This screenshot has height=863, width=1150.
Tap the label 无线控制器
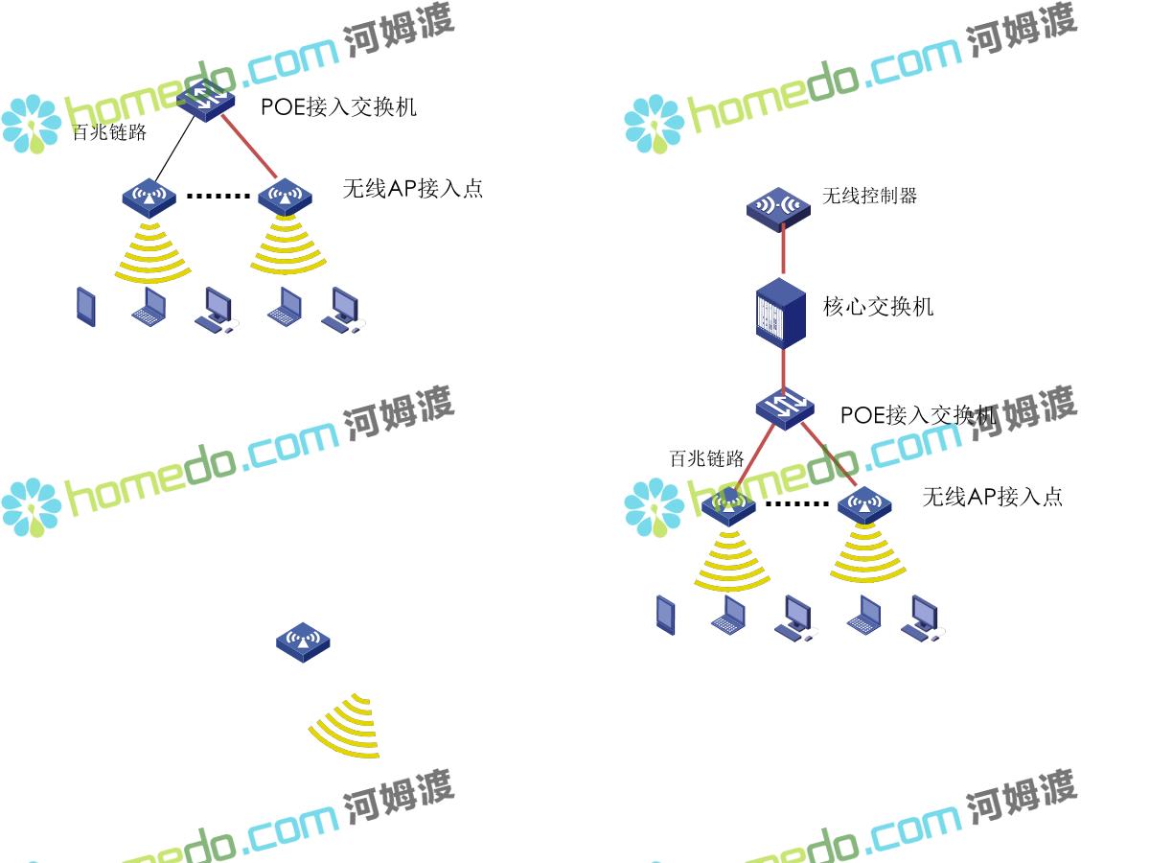[869, 196]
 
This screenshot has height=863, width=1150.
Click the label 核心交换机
[878, 307]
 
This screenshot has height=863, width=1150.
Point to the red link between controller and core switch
[784, 252]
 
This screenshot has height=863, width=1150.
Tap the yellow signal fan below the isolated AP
[348, 726]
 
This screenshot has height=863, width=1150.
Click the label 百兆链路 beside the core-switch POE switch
[706, 458]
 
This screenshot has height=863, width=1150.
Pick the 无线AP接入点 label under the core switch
[992, 497]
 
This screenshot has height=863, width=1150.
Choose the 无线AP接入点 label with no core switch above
[413, 189]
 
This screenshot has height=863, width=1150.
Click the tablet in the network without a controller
[86, 306]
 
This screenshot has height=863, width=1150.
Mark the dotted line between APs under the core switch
[797, 503]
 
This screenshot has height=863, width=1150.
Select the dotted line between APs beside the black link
[217, 197]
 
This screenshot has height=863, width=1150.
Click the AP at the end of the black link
[149, 197]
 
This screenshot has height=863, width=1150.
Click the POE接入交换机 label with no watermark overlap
[338, 106]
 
